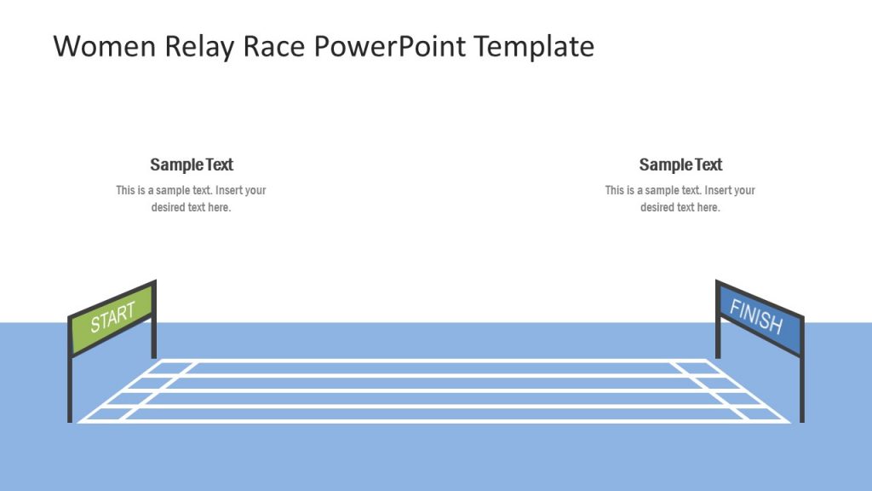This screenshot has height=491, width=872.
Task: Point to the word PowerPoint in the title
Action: [x=391, y=46]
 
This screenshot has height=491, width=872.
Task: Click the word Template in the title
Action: [x=534, y=46]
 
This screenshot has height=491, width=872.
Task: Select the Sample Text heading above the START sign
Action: [x=192, y=165]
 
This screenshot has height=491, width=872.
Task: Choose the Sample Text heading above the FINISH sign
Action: [x=680, y=165]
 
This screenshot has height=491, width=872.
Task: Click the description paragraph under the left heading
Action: [x=192, y=199]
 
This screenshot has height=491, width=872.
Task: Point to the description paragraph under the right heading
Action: [x=680, y=199]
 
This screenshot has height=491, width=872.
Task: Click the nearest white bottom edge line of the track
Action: [x=434, y=420]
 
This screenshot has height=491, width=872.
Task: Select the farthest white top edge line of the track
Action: [x=434, y=360]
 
